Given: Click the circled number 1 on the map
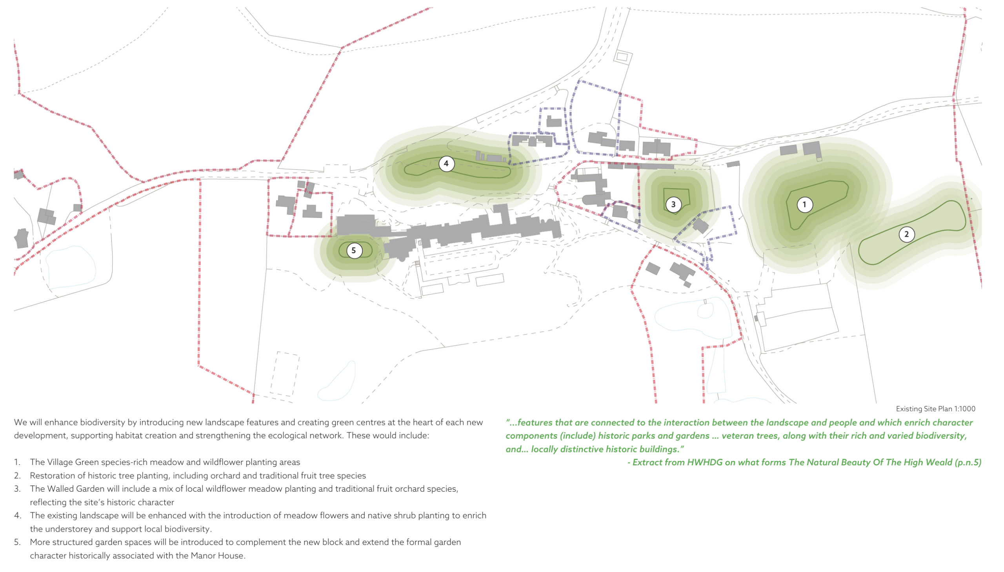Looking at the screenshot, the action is pyautogui.click(x=804, y=204).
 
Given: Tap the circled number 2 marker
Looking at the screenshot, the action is pyautogui.click(x=906, y=234).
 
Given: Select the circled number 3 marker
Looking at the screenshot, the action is pyautogui.click(x=673, y=204).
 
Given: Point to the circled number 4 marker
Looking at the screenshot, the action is pyautogui.click(x=446, y=163).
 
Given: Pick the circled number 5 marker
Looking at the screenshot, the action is pyautogui.click(x=354, y=250).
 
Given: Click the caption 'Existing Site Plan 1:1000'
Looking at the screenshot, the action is pyautogui.click(x=935, y=409).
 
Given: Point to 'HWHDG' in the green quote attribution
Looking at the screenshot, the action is pyautogui.click(x=705, y=462).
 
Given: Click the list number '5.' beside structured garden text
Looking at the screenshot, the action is pyautogui.click(x=17, y=542).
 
